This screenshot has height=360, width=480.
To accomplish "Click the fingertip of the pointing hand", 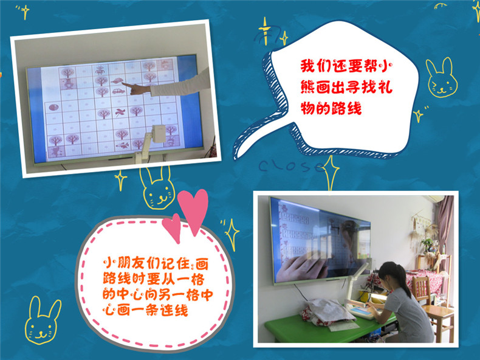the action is tap(123, 85).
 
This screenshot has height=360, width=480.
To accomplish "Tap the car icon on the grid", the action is tap(118, 91).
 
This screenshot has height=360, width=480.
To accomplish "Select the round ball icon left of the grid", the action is tap(53, 107).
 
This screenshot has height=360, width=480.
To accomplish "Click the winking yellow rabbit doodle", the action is tap(442, 77).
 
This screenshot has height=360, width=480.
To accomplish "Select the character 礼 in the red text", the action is tap(385, 87).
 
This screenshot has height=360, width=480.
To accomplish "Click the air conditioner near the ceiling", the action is tap(434, 199).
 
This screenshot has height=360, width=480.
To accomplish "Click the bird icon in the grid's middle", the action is tap(120, 112).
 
